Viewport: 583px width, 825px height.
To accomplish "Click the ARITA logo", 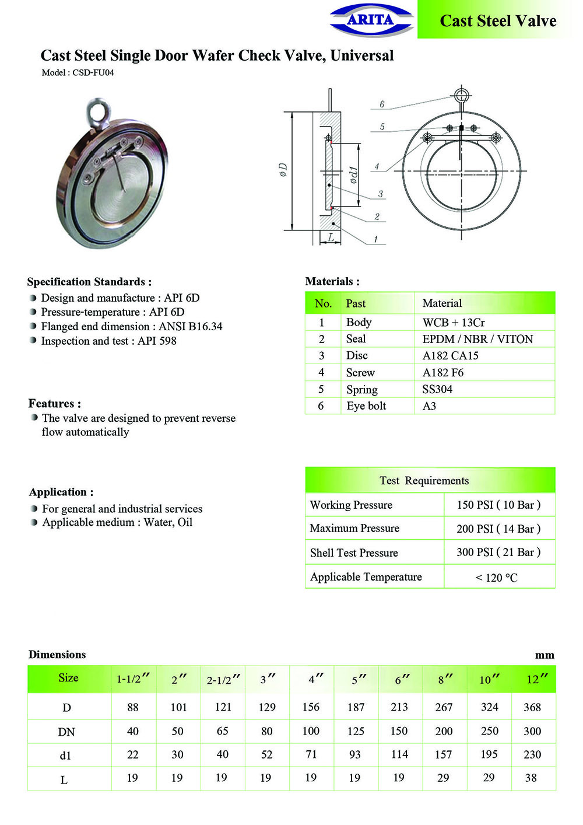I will pyautogui.click(x=371, y=20).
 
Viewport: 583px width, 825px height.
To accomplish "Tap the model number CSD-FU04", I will pyautogui.click(x=93, y=73).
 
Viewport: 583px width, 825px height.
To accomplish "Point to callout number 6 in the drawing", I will pyautogui.click(x=382, y=104).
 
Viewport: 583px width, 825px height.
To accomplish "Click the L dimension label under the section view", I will pyautogui.click(x=331, y=237).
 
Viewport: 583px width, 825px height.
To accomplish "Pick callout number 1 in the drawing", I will pyautogui.click(x=376, y=239).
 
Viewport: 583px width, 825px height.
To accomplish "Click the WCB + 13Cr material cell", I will pyautogui.click(x=454, y=322).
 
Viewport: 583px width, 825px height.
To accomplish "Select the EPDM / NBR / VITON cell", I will pyautogui.click(x=477, y=339).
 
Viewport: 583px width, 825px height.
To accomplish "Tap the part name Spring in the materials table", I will pyautogui.click(x=361, y=389).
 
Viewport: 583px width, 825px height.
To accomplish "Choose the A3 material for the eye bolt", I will pyautogui.click(x=429, y=406).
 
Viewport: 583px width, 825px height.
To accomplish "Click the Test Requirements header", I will pyautogui.click(x=424, y=480).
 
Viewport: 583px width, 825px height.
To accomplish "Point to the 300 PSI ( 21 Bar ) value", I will pyautogui.click(x=498, y=552).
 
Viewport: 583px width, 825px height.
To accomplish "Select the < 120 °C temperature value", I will pyautogui.click(x=496, y=577).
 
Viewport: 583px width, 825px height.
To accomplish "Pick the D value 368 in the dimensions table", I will pyautogui.click(x=532, y=707).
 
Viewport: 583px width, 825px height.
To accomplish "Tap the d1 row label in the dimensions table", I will pyautogui.click(x=65, y=755).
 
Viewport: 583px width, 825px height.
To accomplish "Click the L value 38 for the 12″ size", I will pyautogui.click(x=531, y=778).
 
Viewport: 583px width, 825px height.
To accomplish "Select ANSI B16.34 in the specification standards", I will pyautogui.click(x=191, y=326).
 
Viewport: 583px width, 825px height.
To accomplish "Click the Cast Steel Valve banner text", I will pyautogui.click(x=498, y=21).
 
